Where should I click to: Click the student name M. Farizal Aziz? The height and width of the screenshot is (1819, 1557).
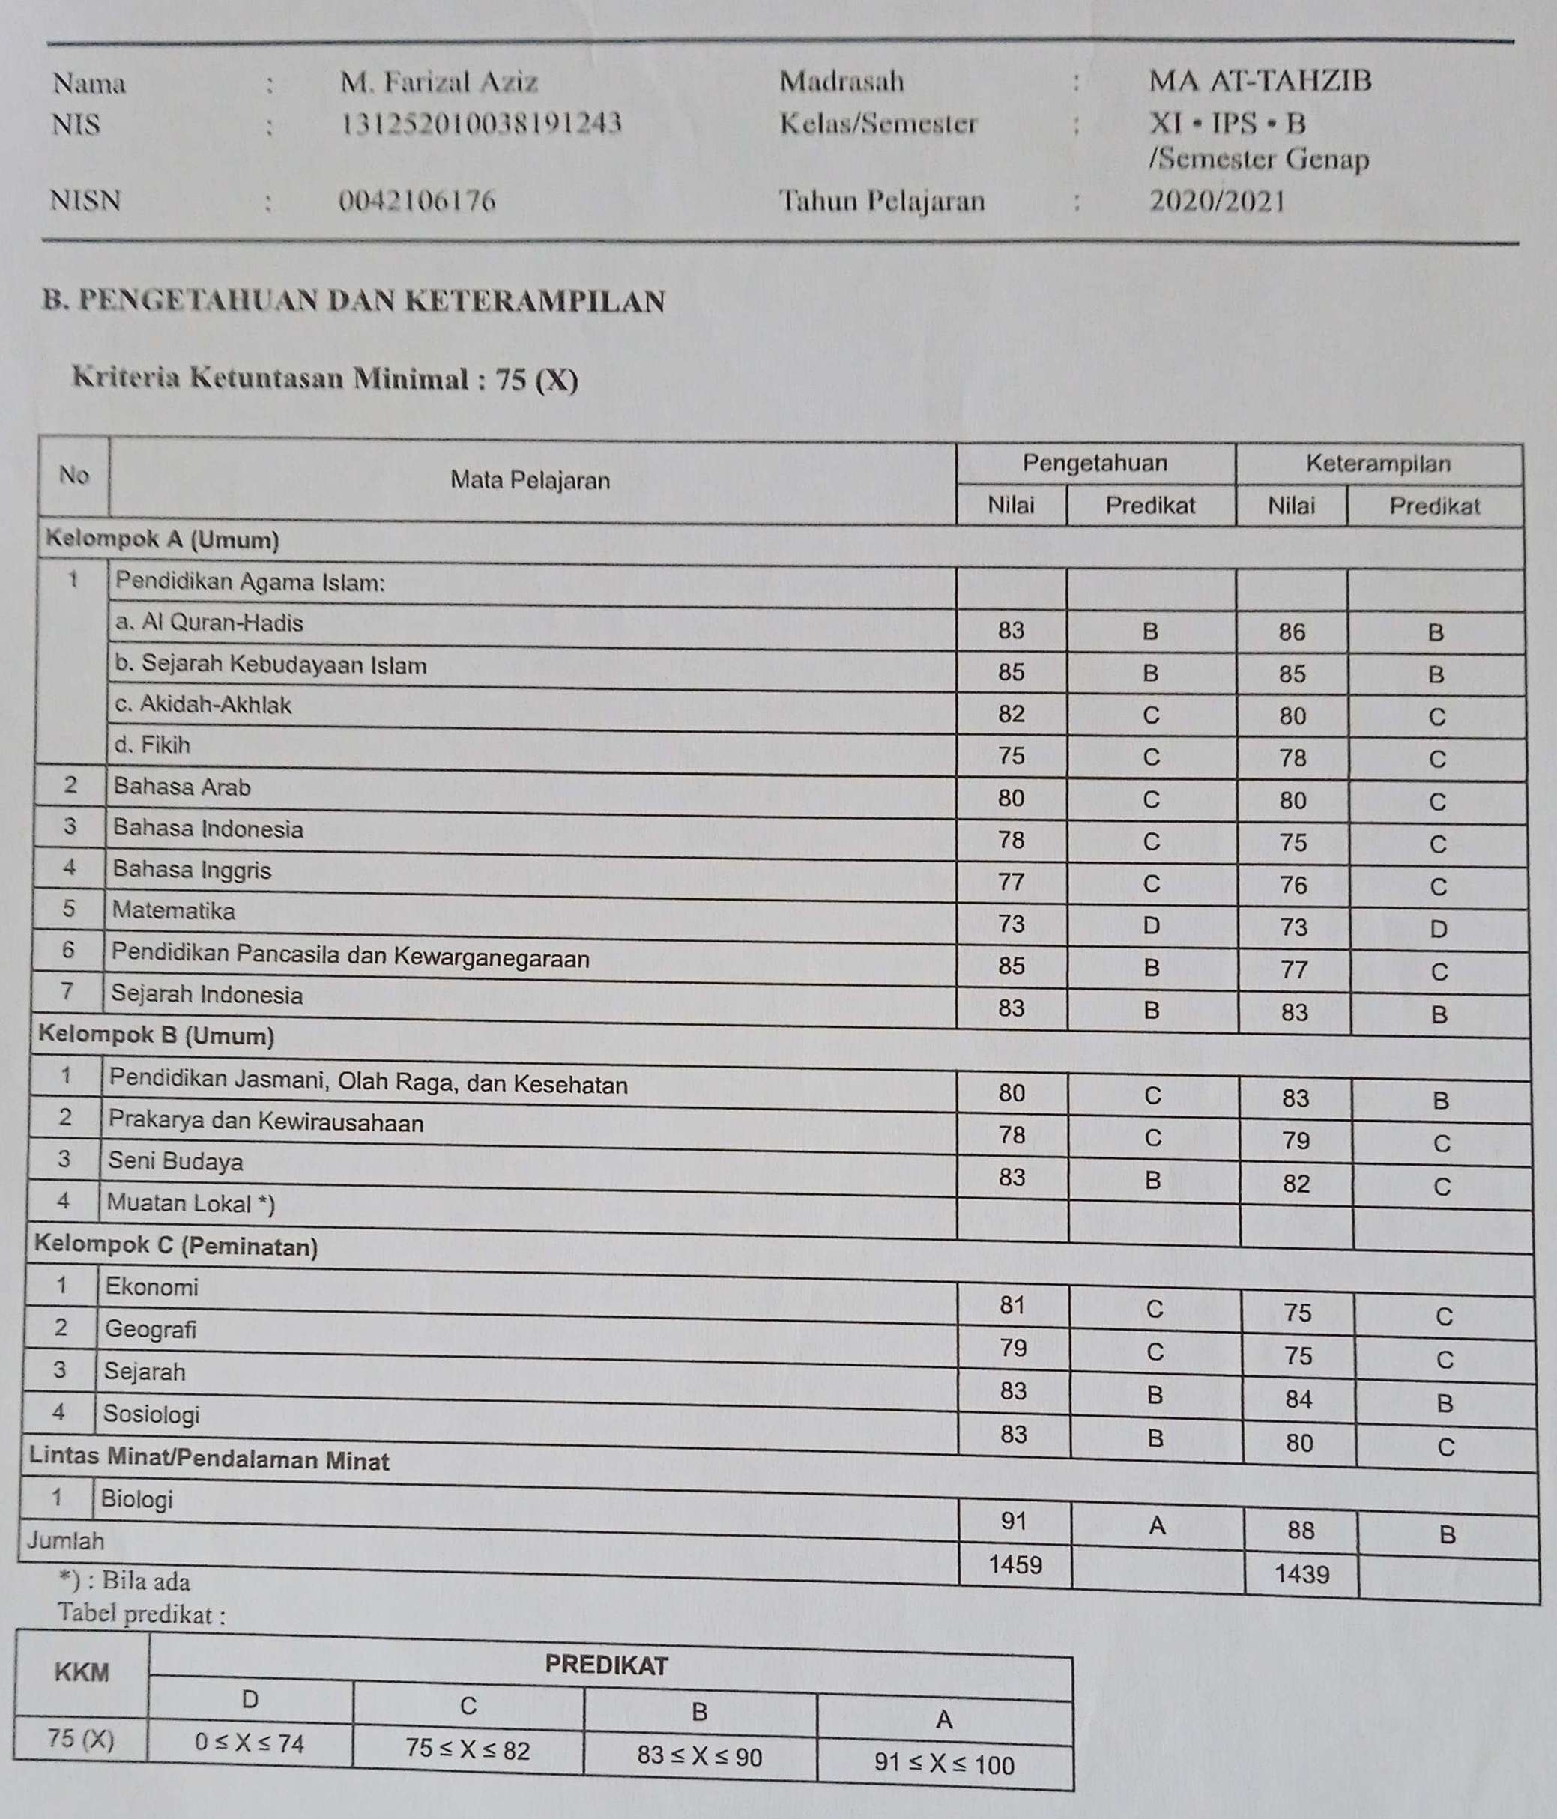[439, 83]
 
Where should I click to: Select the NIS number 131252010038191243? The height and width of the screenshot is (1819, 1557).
[480, 124]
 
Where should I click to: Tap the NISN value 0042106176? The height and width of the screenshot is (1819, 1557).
[417, 202]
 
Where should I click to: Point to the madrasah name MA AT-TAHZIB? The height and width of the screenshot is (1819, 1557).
[1260, 82]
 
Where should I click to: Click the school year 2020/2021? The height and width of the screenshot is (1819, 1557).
[1217, 202]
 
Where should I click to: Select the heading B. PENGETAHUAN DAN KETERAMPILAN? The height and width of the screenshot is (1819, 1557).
[354, 301]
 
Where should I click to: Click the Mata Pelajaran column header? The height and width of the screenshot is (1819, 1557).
[530, 480]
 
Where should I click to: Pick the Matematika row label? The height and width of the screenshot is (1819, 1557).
[174, 911]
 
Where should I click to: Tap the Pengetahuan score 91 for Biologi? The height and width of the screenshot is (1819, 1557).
[1014, 1521]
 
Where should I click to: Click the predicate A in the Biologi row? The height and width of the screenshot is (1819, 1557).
[1157, 1527]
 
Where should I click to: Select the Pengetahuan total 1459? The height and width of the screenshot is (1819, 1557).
[1015, 1564]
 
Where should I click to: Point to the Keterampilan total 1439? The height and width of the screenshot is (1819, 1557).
[1301, 1574]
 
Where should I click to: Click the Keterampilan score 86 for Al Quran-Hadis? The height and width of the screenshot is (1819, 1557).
[1292, 632]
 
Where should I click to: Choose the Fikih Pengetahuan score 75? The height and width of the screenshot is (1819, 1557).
[1011, 756]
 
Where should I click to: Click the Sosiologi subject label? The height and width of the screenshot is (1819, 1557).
[151, 1414]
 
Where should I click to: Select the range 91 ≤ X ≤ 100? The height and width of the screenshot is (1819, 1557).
[944, 1764]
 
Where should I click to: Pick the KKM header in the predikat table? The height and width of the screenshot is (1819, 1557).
[82, 1672]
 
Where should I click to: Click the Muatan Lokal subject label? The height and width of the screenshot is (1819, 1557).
[190, 1204]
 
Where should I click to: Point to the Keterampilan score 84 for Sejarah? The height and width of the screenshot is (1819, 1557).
[1298, 1399]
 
